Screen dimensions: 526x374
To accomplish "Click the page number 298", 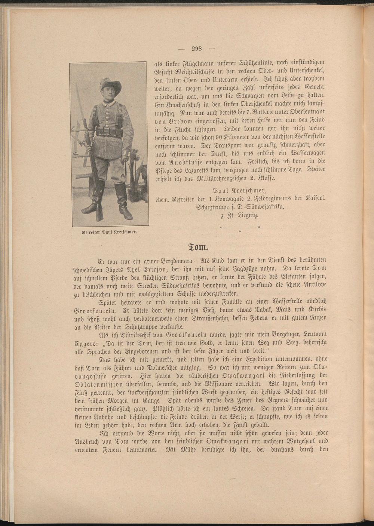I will point(196,48).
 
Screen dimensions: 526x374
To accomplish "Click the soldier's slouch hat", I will point(110,85).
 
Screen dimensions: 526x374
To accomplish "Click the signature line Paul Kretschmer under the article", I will point(239,190).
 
